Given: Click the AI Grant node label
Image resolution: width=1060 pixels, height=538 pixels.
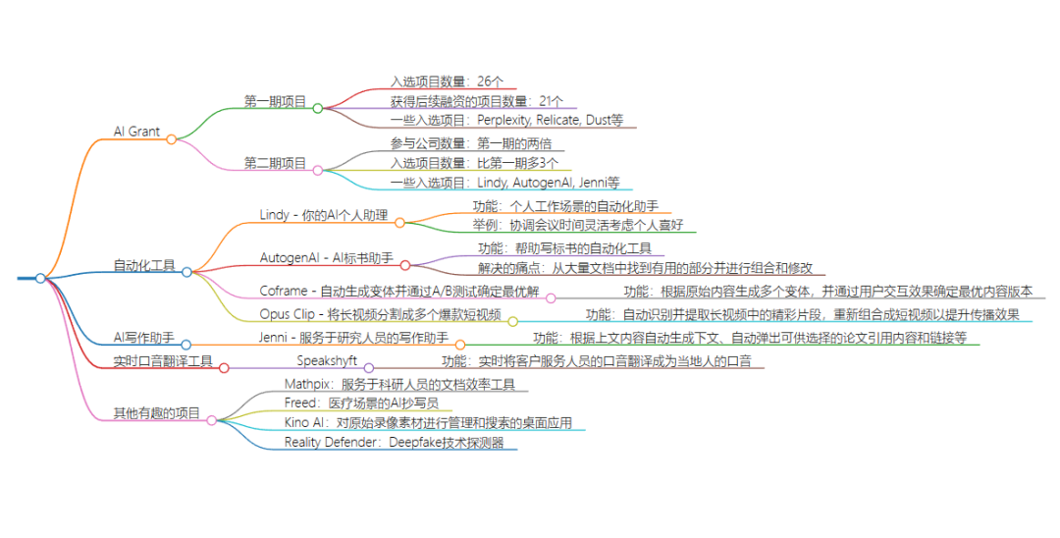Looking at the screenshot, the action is coord(136,132).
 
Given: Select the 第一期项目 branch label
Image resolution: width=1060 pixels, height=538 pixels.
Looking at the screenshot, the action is coord(275,101).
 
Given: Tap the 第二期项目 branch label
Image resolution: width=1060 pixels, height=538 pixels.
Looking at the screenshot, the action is coord(275,163).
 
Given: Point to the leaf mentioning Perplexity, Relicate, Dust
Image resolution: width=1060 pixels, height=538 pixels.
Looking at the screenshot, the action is coord(506,121).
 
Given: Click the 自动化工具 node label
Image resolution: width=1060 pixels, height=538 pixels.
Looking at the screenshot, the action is coord(144,265).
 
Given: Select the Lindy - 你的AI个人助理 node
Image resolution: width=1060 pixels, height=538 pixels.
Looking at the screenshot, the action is coord(324,215).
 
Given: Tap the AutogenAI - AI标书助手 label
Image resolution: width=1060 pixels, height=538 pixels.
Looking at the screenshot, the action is coord(327,257).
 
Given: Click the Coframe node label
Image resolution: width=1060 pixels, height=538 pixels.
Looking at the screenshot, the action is coord(399,291).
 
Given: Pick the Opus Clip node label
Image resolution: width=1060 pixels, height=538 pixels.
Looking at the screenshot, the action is coord(381,314).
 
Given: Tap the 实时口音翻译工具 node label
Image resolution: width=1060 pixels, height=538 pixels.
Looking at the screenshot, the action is coord(163,361).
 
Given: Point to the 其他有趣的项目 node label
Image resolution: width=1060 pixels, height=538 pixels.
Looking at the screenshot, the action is coord(156,413).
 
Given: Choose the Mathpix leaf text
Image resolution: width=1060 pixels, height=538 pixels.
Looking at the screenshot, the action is coord(399,384).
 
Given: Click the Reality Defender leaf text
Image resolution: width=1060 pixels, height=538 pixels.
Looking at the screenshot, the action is coord(395,443).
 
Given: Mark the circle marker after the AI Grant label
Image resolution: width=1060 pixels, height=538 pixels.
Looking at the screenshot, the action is coord(171,139).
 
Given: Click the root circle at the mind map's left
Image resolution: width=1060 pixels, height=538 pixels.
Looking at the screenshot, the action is coord(40,279).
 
